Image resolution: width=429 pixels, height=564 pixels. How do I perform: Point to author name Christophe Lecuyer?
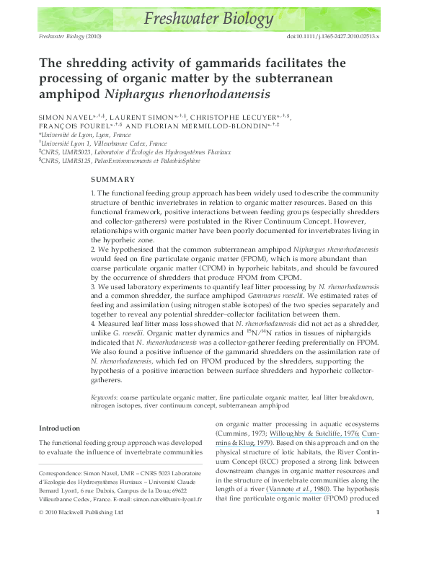point(233,118)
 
